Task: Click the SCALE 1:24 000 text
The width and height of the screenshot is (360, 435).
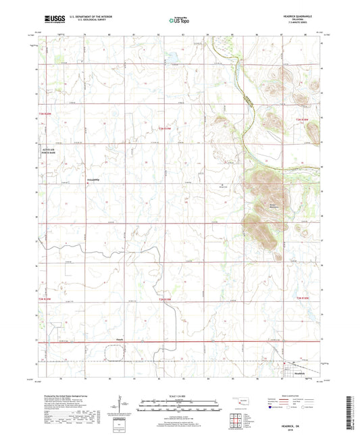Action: pyautogui.click(x=179, y=396)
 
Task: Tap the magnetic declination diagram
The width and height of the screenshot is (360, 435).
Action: pyautogui.click(x=122, y=407)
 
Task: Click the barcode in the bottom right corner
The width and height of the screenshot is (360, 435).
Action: pyautogui.click(x=349, y=411)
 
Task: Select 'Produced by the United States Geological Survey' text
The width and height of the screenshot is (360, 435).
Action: pyautogui.click(x=65, y=396)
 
